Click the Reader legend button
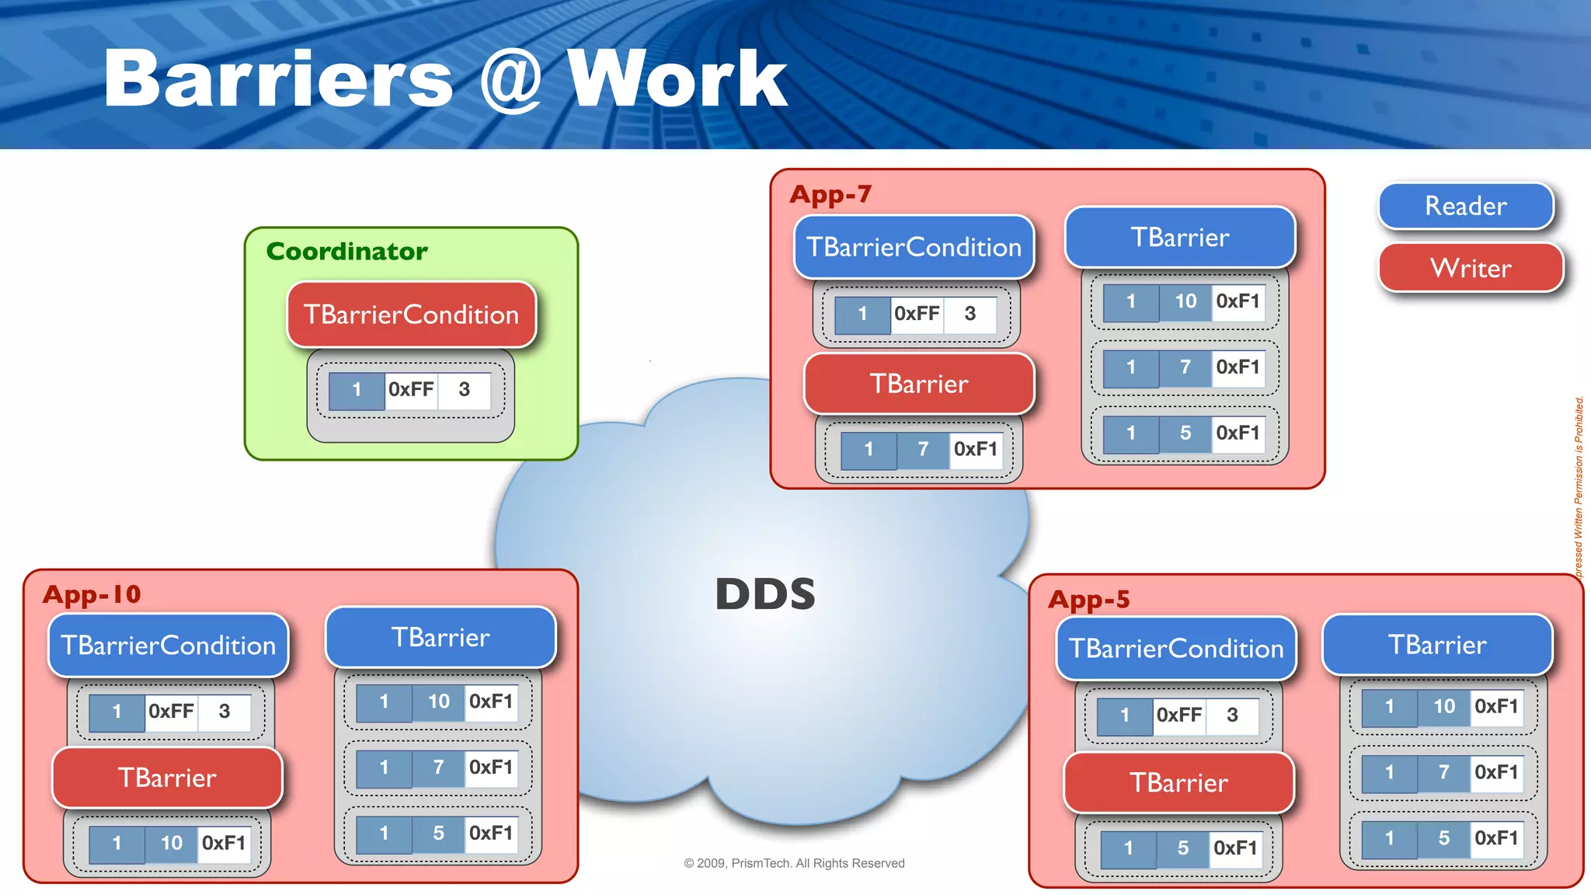click(x=1466, y=206)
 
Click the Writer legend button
click(x=1471, y=268)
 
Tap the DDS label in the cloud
click(x=765, y=594)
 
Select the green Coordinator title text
click(x=346, y=251)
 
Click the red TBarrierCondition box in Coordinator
click(x=411, y=315)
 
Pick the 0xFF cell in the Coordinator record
click(x=411, y=389)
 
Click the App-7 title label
click(x=830, y=193)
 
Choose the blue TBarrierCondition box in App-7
click(x=914, y=247)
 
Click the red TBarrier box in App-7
click(x=919, y=384)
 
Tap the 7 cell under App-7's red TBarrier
click(x=923, y=449)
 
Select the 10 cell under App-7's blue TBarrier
click(x=1185, y=301)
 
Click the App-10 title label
click(x=92, y=594)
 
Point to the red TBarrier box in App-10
click(x=167, y=778)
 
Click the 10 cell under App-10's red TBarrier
click(x=171, y=843)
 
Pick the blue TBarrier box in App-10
click(x=440, y=637)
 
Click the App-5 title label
click(x=1088, y=599)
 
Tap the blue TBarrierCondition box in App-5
click(x=1176, y=649)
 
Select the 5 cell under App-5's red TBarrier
click(x=1182, y=848)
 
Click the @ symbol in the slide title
click(x=510, y=78)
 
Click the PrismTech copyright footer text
click(x=794, y=863)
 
